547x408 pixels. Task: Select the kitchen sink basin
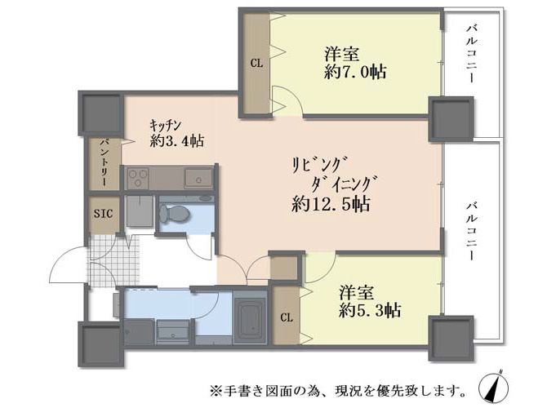198,179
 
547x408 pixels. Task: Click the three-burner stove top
138,179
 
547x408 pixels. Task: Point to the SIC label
103,214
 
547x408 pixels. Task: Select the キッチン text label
165,125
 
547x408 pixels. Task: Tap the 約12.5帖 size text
331,204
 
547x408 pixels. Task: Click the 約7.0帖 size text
355,72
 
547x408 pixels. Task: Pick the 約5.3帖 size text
370,310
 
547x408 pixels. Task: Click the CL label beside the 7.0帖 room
256,64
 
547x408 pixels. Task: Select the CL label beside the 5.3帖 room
287,317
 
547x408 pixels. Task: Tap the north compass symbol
493,387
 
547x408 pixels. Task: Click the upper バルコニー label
473,53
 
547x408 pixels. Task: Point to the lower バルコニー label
473,231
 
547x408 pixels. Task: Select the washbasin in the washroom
173,332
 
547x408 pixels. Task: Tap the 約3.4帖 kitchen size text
177,141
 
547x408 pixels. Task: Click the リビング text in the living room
320,165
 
